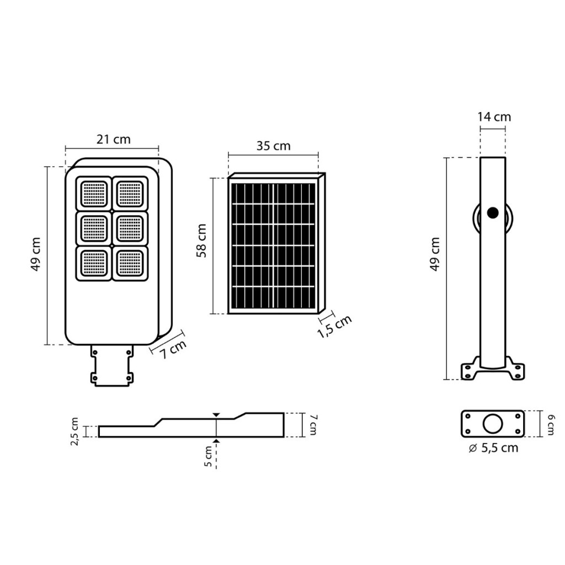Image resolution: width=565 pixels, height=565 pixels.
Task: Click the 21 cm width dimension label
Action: (x=113, y=139)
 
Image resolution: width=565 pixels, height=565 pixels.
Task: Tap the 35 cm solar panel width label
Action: (x=273, y=146)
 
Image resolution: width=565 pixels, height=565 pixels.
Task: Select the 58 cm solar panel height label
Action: (x=201, y=241)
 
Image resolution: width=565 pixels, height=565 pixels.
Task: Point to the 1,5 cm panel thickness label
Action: (x=335, y=327)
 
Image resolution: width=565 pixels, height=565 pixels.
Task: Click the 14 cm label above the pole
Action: (x=494, y=117)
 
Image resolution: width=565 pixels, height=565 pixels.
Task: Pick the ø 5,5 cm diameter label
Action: (x=493, y=448)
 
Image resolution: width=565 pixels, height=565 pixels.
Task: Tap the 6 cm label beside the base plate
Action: (x=551, y=424)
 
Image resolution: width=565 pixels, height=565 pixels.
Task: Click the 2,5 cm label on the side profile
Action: (x=74, y=431)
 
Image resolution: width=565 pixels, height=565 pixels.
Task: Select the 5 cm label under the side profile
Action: (x=208, y=456)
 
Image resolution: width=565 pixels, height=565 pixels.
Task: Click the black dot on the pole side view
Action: (x=493, y=213)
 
